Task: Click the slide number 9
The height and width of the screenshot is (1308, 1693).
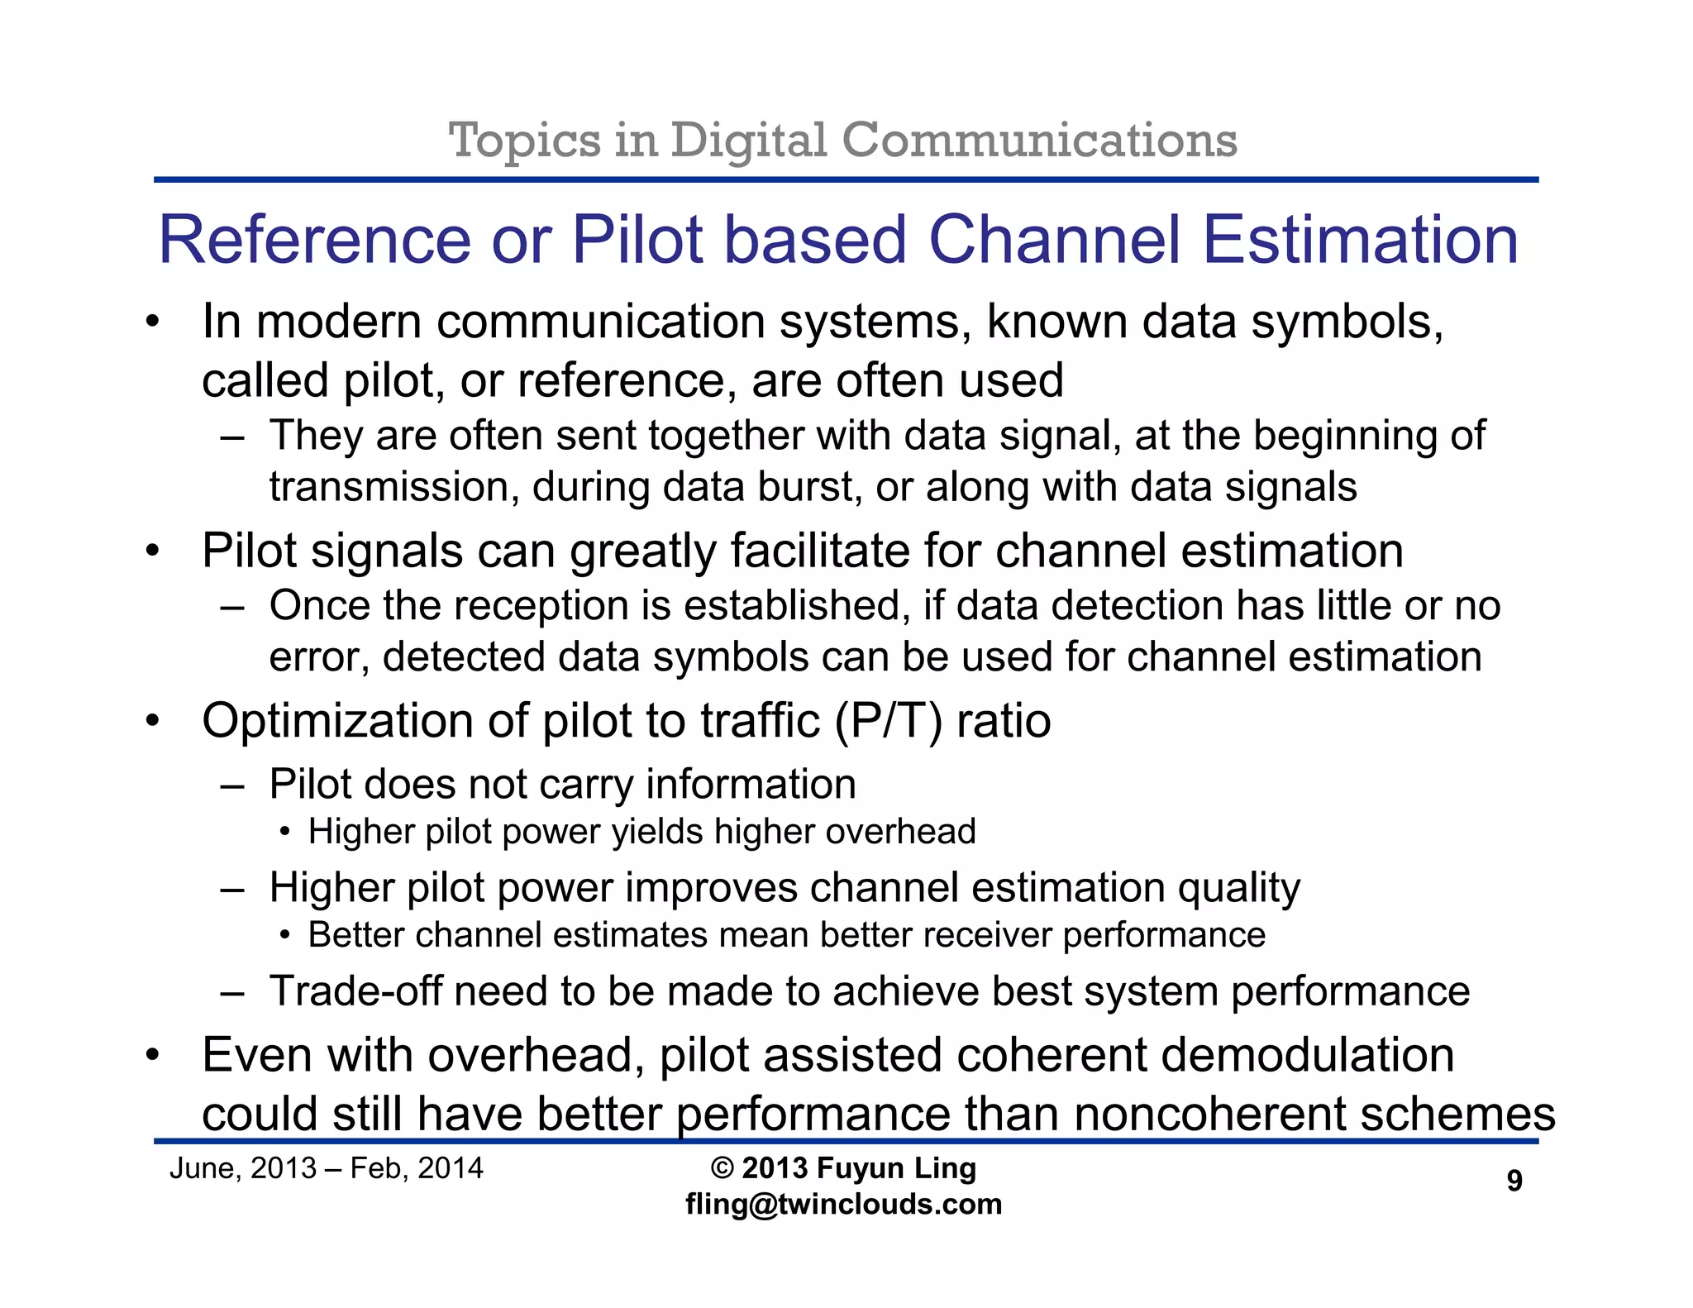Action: pyautogui.click(x=1514, y=1180)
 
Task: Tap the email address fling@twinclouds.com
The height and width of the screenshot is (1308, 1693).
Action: pyautogui.click(x=843, y=1204)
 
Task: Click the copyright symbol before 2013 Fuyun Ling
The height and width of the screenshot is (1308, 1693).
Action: pyautogui.click(x=722, y=1168)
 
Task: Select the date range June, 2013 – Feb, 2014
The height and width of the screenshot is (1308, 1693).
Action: pyautogui.click(x=326, y=1168)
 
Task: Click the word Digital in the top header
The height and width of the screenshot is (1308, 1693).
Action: pyautogui.click(x=748, y=140)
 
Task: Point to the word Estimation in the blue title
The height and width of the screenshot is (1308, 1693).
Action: pyautogui.click(x=1360, y=240)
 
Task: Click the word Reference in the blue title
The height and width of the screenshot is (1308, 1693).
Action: pyautogui.click(x=314, y=240)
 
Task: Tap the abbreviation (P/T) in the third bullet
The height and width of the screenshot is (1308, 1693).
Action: pyautogui.click(x=888, y=721)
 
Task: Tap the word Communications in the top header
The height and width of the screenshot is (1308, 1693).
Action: pyautogui.click(x=1039, y=140)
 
